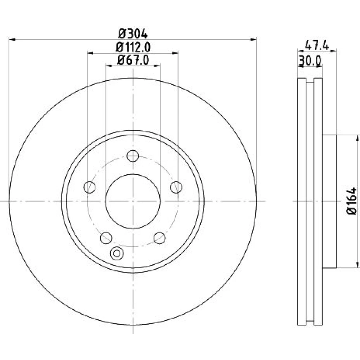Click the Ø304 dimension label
click(x=133, y=34)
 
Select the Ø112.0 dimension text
click(x=133, y=47)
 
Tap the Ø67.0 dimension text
click(x=133, y=60)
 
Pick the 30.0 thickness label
click(x=310, y=61)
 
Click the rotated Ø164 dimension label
click(x=352, y=201)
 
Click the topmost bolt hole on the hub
click(x=133, y=156)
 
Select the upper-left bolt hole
click(x=90, y=187)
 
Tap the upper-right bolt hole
click(x=176, y=187)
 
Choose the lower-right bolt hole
click(x=159, y=238)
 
